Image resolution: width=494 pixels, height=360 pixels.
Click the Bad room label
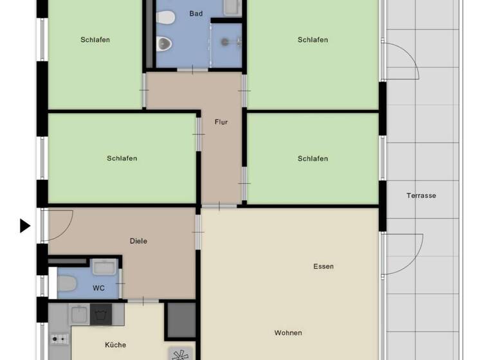(x=196, y=14)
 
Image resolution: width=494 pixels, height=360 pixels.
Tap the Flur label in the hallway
(x=221, y=122)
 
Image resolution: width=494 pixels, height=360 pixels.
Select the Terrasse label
(x=421, y=195)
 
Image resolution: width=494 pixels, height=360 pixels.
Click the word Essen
(x=324, y=266)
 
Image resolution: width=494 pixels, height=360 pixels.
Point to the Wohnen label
(x=288, y=332)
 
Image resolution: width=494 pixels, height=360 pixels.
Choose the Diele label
(x=138, y=241)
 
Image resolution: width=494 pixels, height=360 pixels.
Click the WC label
(x=98, y=288)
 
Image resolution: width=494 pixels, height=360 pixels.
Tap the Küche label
(x=116, y=345)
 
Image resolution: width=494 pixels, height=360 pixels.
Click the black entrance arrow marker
(x=25, y=226)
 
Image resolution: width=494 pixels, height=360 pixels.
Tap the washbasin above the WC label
(x=104, y=266)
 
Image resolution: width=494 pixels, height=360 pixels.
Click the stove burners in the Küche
(x=59, y=338)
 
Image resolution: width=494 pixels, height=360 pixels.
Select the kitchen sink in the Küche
(x=80, y=314)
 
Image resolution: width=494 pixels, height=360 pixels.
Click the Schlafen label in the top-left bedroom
(x=95, y=40)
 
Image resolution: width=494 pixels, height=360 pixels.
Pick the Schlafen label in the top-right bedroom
(x=313, y=40)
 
